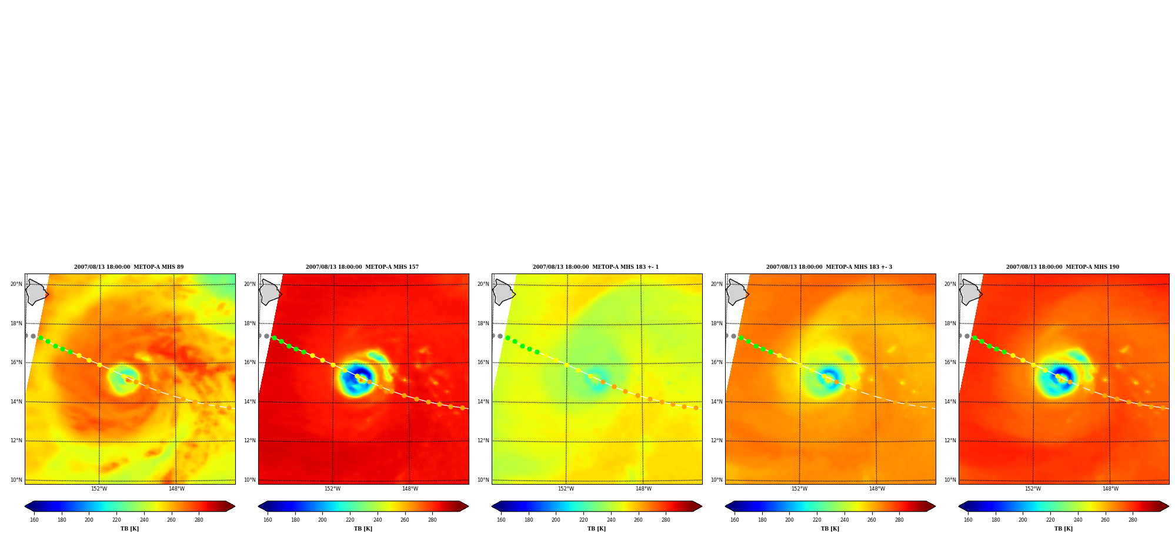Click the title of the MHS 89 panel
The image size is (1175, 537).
click(129, 267)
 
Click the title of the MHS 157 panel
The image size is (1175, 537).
click(362, 267)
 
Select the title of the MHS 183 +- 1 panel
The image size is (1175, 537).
click(596, 267)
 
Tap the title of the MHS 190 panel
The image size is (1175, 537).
click(1063, 267)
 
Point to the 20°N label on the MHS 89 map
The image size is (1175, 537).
click(16, 284)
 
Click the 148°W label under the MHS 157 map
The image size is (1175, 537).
click(410, 489)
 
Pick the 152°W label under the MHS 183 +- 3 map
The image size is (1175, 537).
click(799, 489)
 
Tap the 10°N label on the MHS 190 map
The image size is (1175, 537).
click(950, 480)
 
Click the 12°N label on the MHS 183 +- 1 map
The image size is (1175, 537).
click(483, 441)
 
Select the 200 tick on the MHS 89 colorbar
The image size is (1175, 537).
click(89, 520)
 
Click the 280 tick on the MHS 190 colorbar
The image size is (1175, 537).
click(1133, 520)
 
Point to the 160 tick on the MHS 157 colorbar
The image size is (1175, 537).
click(268, 520)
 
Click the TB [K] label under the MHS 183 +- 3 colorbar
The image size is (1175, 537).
click(830, 529)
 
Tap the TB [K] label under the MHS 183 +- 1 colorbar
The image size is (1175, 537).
click(596, 529)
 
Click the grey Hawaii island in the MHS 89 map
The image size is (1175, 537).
click(36, 292)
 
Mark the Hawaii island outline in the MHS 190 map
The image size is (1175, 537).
click(970, 292)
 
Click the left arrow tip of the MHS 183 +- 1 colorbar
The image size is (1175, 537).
click(492, 506)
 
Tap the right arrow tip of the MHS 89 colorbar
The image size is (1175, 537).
click(235, 506)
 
